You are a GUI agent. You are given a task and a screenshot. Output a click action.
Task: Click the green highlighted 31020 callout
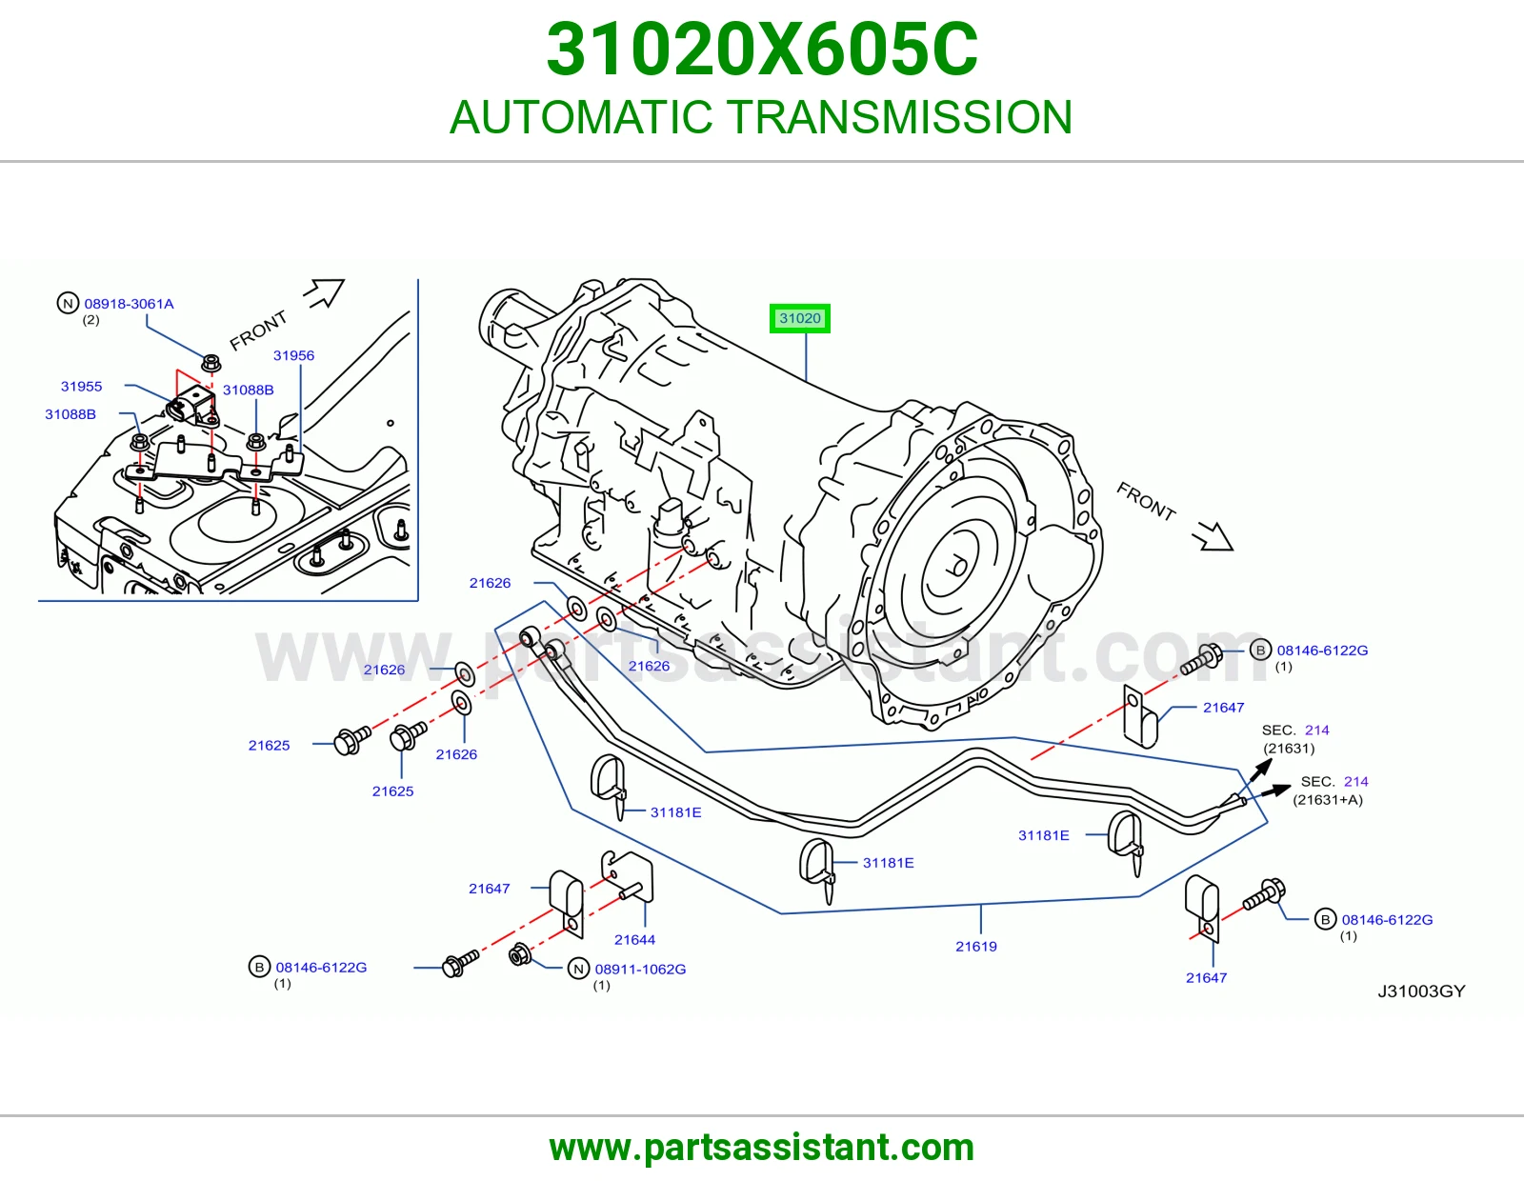coord(799,318)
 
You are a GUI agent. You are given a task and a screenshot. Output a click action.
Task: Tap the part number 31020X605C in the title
coord(762,50)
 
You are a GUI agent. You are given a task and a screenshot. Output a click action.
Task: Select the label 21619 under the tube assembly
coord(975,946)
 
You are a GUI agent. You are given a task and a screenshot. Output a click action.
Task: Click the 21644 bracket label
coord(634,939)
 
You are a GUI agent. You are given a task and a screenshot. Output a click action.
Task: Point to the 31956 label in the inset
coord(293,355)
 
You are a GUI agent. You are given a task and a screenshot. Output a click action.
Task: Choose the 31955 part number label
coord(81,387)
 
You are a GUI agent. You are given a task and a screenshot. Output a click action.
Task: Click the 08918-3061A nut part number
coord(129,304)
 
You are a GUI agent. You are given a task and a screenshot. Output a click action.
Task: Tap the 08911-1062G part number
coord(640,970)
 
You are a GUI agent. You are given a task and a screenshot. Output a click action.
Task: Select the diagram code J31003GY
coord(1421,991)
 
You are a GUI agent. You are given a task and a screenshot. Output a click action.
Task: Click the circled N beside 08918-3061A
coord(68,303)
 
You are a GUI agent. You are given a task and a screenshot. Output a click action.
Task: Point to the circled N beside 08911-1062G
coord(578,970)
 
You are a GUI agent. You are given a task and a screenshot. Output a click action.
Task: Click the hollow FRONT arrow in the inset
coord(324,292)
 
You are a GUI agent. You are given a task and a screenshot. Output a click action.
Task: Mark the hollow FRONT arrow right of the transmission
coord(1213,536)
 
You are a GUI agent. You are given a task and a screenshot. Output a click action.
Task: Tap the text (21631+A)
coord(1328,799)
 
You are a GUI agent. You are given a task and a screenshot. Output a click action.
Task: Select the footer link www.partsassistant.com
coord(762,1148)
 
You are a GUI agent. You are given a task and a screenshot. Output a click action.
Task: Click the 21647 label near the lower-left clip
coord(489,889)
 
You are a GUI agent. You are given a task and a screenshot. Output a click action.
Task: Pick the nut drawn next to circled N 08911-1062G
coord(520,953)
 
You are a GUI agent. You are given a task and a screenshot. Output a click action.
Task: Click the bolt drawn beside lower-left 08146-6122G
coord(460,963)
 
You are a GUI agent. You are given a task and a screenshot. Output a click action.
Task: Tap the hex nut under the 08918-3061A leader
coord(211,363)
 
